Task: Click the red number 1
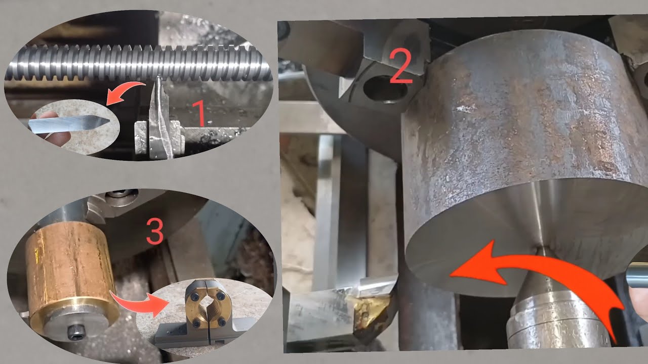tap(200, 114)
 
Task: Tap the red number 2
tap(400, 66)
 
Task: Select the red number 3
tap(155, 232)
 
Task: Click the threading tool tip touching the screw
tap(158, 78)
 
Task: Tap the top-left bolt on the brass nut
tap(195, 297)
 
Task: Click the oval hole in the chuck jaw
tap(385, 88)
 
